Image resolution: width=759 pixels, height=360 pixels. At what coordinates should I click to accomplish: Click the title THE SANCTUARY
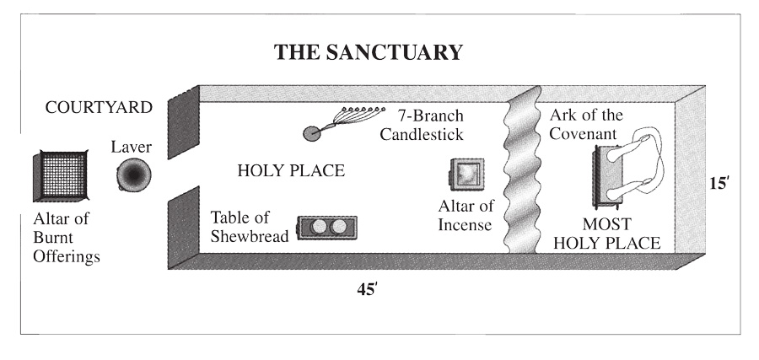click(x=369, y=52)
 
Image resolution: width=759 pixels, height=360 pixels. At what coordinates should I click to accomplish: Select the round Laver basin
click(x=133, y=176)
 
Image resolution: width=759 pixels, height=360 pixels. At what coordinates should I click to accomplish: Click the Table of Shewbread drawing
click(x=327, y=228)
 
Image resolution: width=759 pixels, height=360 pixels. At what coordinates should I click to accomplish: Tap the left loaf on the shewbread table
click(x=319, y=228)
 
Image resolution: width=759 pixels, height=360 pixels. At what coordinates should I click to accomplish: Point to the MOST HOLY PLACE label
click(x=619, y=234)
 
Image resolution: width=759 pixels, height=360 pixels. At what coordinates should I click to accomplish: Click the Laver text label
click(x=131, y=148)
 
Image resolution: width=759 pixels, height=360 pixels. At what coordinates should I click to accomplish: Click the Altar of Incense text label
click(x=465, y=215)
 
